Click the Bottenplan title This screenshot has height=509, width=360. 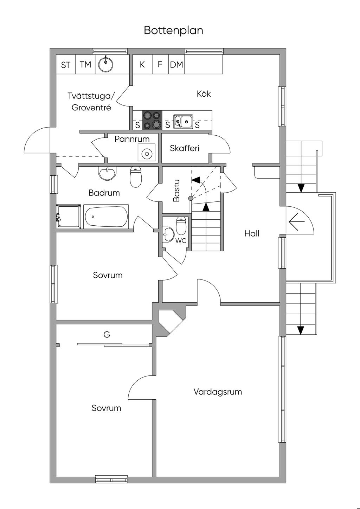(x=173, y=31)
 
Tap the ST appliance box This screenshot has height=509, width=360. (x=66, y=65)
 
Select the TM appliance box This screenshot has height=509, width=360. (x=85, y=65)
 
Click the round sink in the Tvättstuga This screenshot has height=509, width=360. (x=105, y=64)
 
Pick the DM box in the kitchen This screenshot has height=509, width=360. (x=176, y=65)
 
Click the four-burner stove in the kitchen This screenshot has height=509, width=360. (x=152, y=120)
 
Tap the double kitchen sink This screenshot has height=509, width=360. (x=183, y=121)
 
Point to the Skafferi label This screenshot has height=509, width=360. (x=184, y=148)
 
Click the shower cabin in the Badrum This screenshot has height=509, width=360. (x=69, y=217)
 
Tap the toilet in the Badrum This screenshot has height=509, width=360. (x=136, y=176)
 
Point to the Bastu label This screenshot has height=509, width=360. (x=176, y=191)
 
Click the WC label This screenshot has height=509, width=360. (x=181, y=241)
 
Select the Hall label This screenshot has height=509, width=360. (x=252, y=233)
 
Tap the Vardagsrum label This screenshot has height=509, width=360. (x=218, y=392)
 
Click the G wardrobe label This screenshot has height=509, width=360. (x=107, y=335)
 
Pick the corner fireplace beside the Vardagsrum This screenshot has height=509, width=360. (x=170, y=321)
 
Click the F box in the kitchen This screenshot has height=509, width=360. (x=160, y=65)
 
